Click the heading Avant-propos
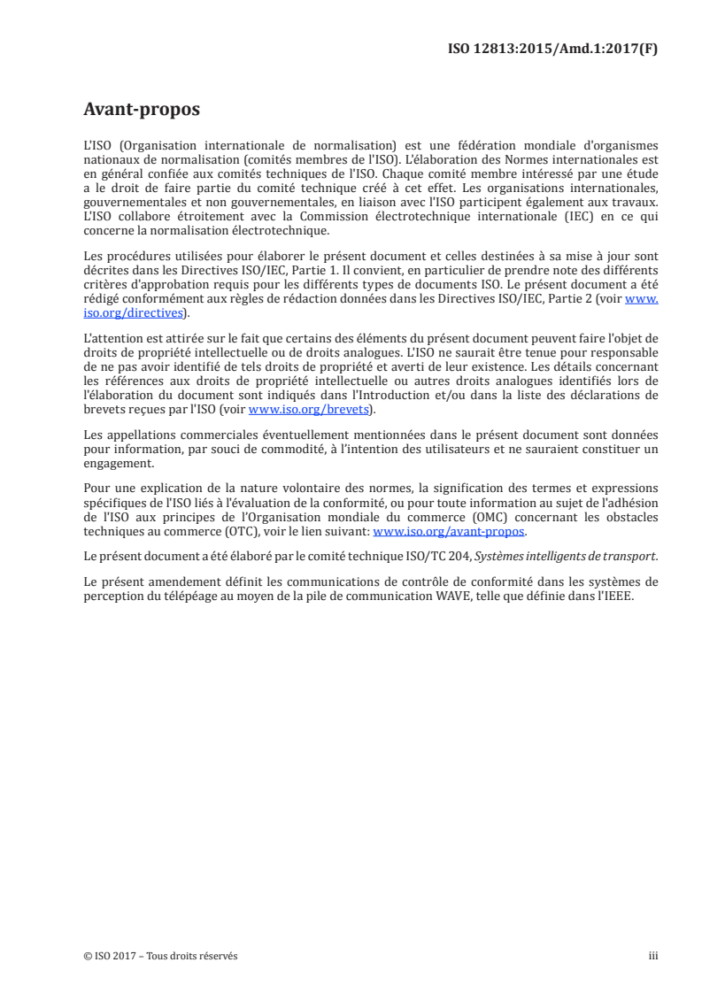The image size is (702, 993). coord(142,110)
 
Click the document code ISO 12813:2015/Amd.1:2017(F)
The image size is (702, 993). coord(553,50)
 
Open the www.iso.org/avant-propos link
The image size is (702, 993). coord(450,532)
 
